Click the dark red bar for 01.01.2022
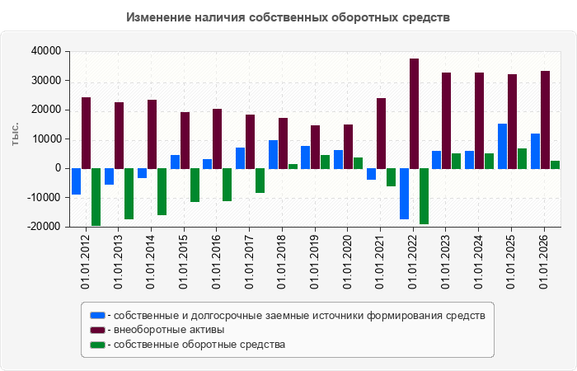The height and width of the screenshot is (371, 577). tap(414, 114)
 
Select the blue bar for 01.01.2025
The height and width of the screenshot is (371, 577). tap(502, 147)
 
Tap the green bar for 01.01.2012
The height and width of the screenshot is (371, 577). tap(96, 197)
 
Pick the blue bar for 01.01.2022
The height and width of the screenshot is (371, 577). tap(404, 194)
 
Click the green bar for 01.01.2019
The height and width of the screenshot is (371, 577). tap(326, 162)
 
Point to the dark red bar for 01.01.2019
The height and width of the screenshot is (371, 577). tap(316, 148)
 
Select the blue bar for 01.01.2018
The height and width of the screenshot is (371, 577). tap(273, 155)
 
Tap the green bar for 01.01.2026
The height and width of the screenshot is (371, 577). tap(555, 165)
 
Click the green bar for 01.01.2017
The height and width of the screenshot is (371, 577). tap(260, 181)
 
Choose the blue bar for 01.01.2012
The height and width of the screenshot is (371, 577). tap(76, 181)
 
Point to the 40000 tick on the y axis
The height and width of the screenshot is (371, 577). tap(46, 51)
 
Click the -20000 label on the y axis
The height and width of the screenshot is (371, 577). tap(44, 227)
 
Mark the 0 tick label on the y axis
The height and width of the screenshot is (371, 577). tap(58, 168)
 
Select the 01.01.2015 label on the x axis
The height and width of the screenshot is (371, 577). tap(183, 261)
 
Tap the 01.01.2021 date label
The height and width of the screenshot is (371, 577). tap(380, 261)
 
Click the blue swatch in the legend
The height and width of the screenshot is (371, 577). tap(97, 316)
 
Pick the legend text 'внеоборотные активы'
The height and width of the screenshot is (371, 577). tap(169, 330)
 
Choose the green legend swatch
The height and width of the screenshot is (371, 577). tap(97, 345)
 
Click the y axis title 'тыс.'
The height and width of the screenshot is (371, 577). tap(15, 134)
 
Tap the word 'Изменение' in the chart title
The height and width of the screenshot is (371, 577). tap(158, 17)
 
